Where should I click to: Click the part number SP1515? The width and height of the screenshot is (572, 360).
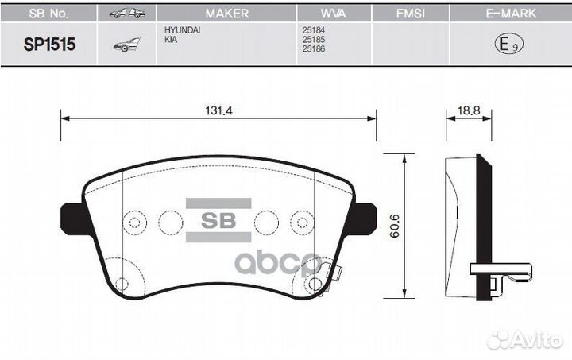pyautogui.click(x=50, y=45)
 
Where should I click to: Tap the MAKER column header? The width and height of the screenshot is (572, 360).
pyautogui.click(x=226, y=14)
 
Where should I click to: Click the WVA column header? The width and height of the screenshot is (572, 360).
pyautogui.click(x=334, y=14)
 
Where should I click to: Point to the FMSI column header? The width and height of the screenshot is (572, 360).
pyautogui.click(x=412, y=14)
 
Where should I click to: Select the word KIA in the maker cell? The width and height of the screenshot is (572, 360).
pyautogui.click(x=170, y=39)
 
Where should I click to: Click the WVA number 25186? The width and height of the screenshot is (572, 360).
pyautogui.click(x=313, y=49)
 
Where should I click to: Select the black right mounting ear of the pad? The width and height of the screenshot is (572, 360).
pyautogui.click(x=364, y=215)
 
